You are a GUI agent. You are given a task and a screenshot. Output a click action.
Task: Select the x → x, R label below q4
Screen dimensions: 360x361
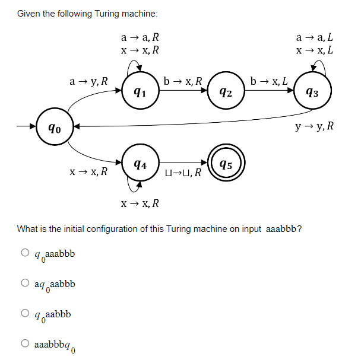139,204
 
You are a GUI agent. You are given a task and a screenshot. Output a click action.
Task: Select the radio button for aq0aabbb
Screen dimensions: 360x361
25,283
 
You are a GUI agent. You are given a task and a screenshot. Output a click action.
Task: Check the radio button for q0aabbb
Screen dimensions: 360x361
25,313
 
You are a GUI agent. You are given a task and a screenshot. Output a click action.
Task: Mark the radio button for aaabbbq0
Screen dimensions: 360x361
25,343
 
